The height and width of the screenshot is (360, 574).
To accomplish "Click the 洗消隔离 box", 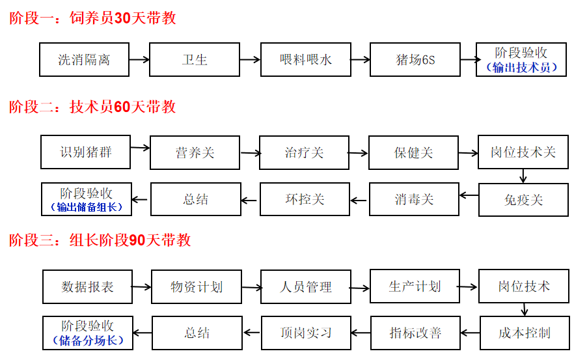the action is coord(84,60).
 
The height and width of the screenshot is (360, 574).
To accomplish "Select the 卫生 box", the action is coord(195,60).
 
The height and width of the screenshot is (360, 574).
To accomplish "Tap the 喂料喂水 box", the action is coord(306,60).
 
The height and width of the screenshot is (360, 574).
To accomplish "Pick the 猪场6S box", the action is coord(415,60).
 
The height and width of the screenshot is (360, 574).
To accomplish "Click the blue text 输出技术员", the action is coord(521,68).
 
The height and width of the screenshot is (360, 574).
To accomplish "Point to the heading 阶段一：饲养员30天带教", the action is coord(92,18).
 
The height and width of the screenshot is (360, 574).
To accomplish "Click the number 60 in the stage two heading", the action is coord(122,107).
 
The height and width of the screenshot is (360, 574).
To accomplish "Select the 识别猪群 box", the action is coord(86,152).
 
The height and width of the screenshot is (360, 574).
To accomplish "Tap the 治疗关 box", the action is coord(304,153).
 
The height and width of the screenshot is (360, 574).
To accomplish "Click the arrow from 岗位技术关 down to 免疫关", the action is coord(523,176).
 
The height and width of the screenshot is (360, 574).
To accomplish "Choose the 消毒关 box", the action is coord(414,199).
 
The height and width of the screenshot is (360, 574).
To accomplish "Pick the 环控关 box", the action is coord(305,199).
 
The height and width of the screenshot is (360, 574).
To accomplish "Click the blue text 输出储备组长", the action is coord(87,207).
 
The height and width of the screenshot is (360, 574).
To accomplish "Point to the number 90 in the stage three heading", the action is coord(137,240).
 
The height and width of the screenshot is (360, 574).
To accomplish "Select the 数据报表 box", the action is coord(87,286).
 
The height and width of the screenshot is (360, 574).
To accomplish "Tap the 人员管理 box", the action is coord(306,286).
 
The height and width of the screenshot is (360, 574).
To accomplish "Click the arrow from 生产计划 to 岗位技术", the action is coord(468,287).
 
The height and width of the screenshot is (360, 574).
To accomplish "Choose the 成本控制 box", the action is coord(525,333).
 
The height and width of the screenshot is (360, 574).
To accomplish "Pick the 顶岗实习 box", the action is coord(306,333).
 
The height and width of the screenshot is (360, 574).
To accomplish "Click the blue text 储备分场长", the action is coord(89,340).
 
